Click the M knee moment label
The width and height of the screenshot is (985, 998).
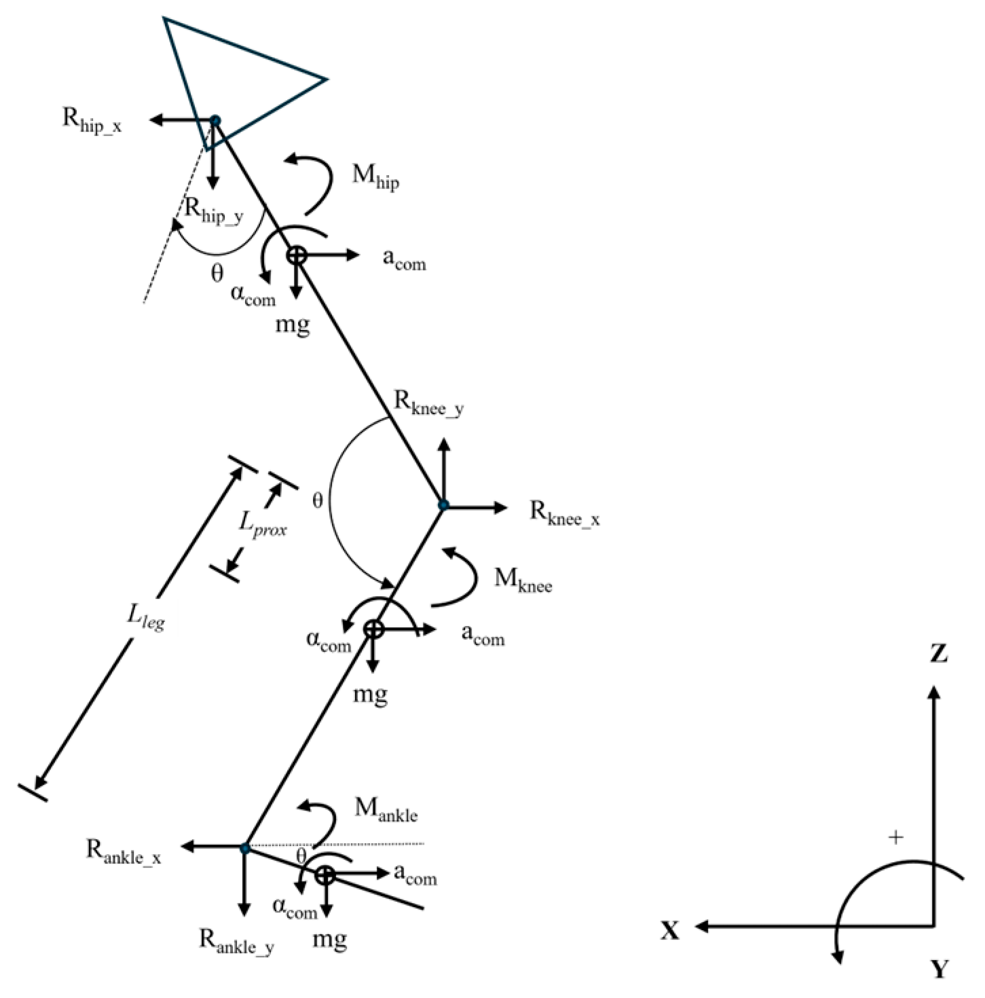(523, 580)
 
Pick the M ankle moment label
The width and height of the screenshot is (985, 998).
(386, 809)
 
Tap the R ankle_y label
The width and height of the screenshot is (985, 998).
(236, 941)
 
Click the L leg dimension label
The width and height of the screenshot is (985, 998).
(146, 617)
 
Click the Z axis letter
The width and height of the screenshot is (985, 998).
(938, 654)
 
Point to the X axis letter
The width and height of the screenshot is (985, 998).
(670, 931)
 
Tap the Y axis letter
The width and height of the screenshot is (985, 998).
(939, 969)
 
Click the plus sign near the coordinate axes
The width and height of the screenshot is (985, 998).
(896, 838)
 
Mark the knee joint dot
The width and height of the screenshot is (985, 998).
(443, 505)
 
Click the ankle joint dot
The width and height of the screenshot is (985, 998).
(245, 848)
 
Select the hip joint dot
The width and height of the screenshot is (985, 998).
(215, 121)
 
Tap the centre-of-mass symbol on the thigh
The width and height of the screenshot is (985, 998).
(297, 255)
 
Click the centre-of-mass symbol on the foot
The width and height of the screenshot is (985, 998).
(326, 875)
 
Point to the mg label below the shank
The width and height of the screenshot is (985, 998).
(370, 695)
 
